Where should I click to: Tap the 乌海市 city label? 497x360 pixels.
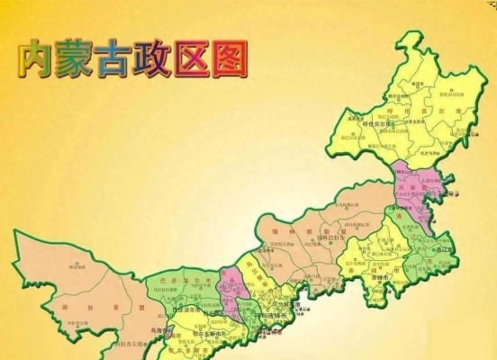[x=161, y=329]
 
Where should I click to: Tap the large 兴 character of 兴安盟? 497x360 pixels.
[x=402, y=191]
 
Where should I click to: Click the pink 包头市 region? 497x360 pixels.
[x=232, y=290]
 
